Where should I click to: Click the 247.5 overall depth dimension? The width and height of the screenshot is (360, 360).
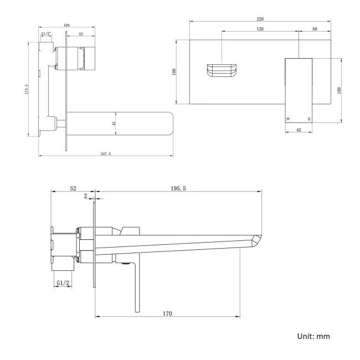pyautogui.click(x=106, y=153)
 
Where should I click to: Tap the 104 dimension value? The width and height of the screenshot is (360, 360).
pyautogui.click(x=67, y=25)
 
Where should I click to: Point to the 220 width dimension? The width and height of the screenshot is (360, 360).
pyautogui.click(x=260, y=19)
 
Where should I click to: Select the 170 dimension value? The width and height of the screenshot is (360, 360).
pyautogui.click(x=167, y=313)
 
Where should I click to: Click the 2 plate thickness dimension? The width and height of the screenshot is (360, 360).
pyautogui.click(x=85, y=196)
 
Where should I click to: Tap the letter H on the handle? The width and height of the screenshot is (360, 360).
pyautogui.click(x=288, y=119)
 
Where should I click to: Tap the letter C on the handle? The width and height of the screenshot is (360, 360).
pyautogui.click(x=309, y=119)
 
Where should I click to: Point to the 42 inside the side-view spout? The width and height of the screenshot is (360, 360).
pyautogui.click(x=114, y=124)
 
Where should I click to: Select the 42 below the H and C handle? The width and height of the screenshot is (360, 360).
pyautogui.click(x=299, y=130)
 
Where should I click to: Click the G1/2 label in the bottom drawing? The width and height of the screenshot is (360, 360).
pyautogui.click(x=63, y=282)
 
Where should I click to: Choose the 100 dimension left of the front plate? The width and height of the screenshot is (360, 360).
pyautogui.click(x=173, y=71)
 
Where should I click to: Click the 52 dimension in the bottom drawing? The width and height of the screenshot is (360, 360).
pyautogui.click(x=73, y=188)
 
